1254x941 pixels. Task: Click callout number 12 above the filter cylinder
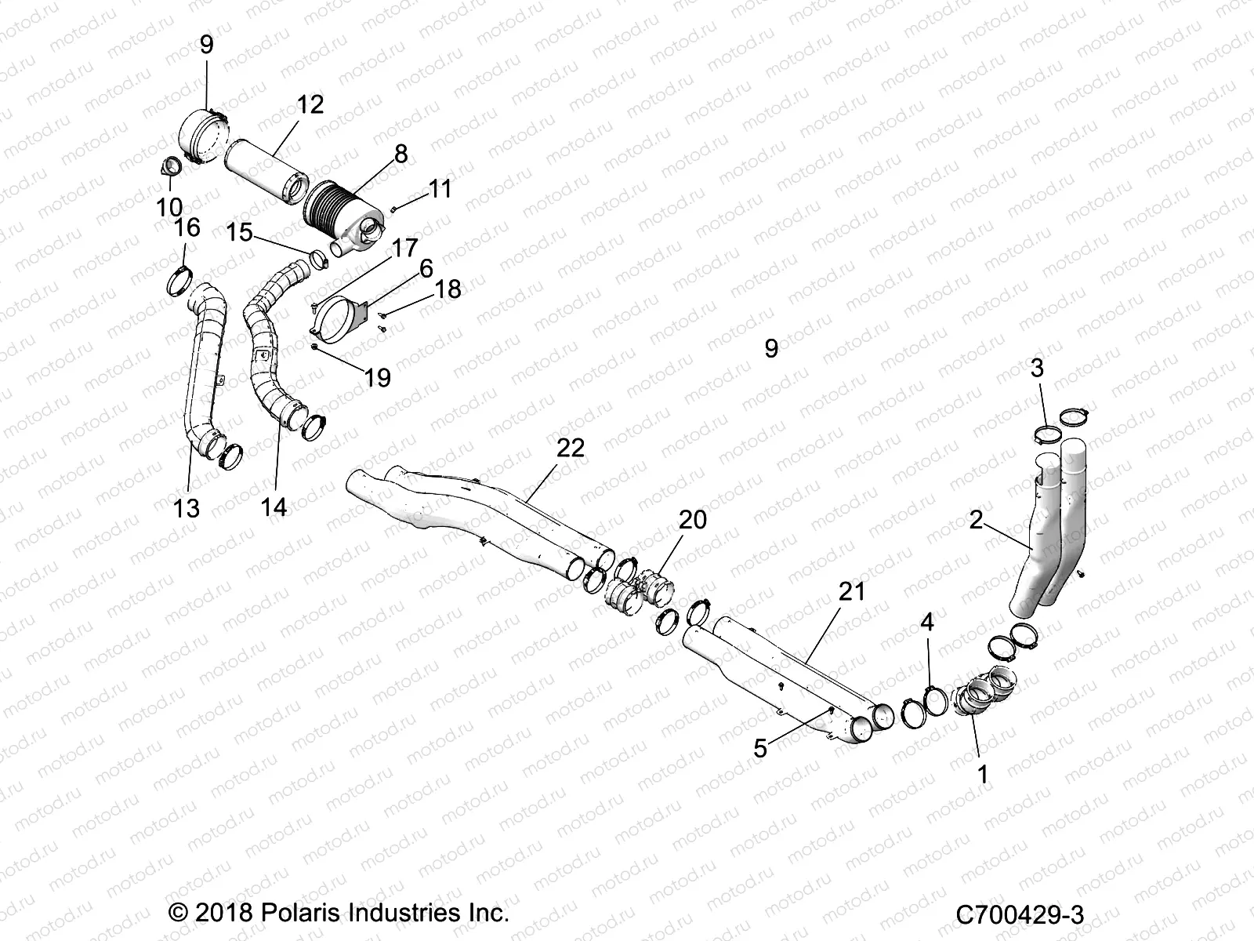coord(310,105)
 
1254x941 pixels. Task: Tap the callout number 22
coord(571,448)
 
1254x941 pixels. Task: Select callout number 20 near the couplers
coord(693,519)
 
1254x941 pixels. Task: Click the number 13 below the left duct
coord(187,508)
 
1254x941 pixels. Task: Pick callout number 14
coord(274,507)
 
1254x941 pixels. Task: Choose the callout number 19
coord(378,378)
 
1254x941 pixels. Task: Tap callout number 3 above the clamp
coord(1037,367)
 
